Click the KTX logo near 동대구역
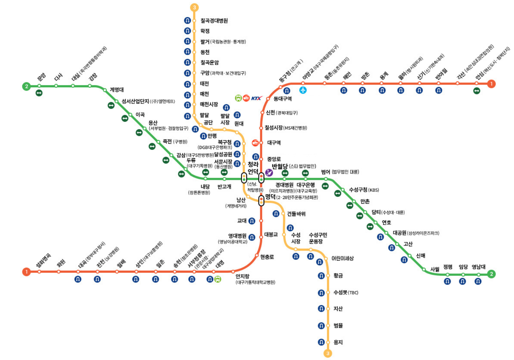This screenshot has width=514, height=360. (x=257, y=98)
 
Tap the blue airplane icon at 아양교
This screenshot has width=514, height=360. (x=303, y=90)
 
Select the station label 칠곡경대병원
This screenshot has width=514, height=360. (x=214, y=21)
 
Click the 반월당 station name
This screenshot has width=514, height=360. (x=280, y=166)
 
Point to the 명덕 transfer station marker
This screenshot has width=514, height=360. (x=261, y=201)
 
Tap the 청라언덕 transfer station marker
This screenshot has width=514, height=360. (x=244, y=178)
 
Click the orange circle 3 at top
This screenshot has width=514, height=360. (x=194, y=7)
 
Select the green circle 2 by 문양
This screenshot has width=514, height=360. (x=26, y=86)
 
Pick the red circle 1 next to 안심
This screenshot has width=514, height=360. (x=491, y=84)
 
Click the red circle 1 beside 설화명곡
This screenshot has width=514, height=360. (x=26, y=272)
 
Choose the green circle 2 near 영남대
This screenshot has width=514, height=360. (x=491, y=274)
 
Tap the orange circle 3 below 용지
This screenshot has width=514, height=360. (x=328, y=354)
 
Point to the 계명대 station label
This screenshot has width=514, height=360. (x=117, y=90)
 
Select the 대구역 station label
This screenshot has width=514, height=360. (x=274, y=143)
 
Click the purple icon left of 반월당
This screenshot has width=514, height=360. (x=269, y=173)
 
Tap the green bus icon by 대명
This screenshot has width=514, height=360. (x=218, y=279)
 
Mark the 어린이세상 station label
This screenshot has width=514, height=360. (x=342, y=258)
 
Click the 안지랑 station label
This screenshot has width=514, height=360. (x=242, y=276)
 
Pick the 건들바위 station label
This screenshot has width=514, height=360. (x=296, y=214)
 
